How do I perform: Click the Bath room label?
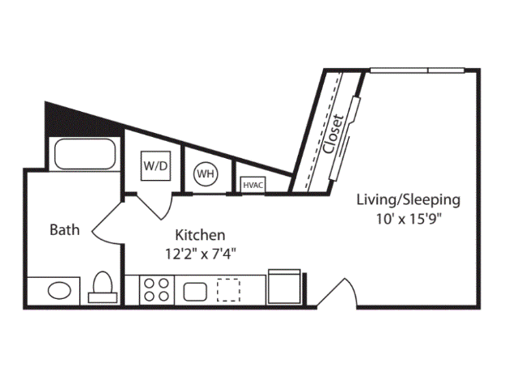tap(65, 229)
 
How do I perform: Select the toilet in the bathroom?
tap(103, 286)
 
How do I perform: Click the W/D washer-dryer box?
tap(156, 166)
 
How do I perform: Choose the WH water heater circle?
tap(205, 173)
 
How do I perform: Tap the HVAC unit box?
tap(253, 185)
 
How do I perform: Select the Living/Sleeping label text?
tap(408, 199)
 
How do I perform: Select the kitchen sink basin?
tap(196, 289)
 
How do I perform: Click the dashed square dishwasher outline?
tap(229, 289)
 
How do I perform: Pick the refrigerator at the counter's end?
tap(284, 287)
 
